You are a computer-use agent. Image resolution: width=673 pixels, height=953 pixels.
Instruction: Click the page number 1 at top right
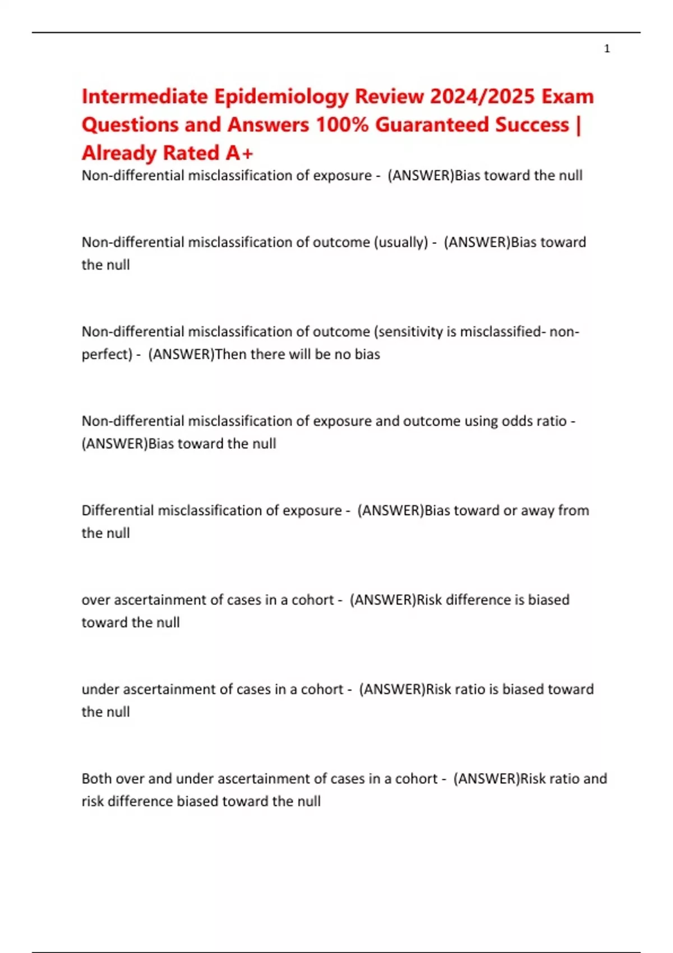click(x=607, y=49)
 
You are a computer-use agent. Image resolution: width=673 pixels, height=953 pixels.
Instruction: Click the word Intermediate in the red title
click(x=145, y=96)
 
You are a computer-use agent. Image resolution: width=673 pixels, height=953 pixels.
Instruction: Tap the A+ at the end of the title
click(x=239, y=152)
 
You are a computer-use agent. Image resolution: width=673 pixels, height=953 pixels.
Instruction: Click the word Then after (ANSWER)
click(x=231, y=354)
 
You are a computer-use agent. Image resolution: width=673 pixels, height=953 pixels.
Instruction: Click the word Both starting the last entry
click(x=98, y=779)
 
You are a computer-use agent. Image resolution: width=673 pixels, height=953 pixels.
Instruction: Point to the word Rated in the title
click(x=187, y=152)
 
